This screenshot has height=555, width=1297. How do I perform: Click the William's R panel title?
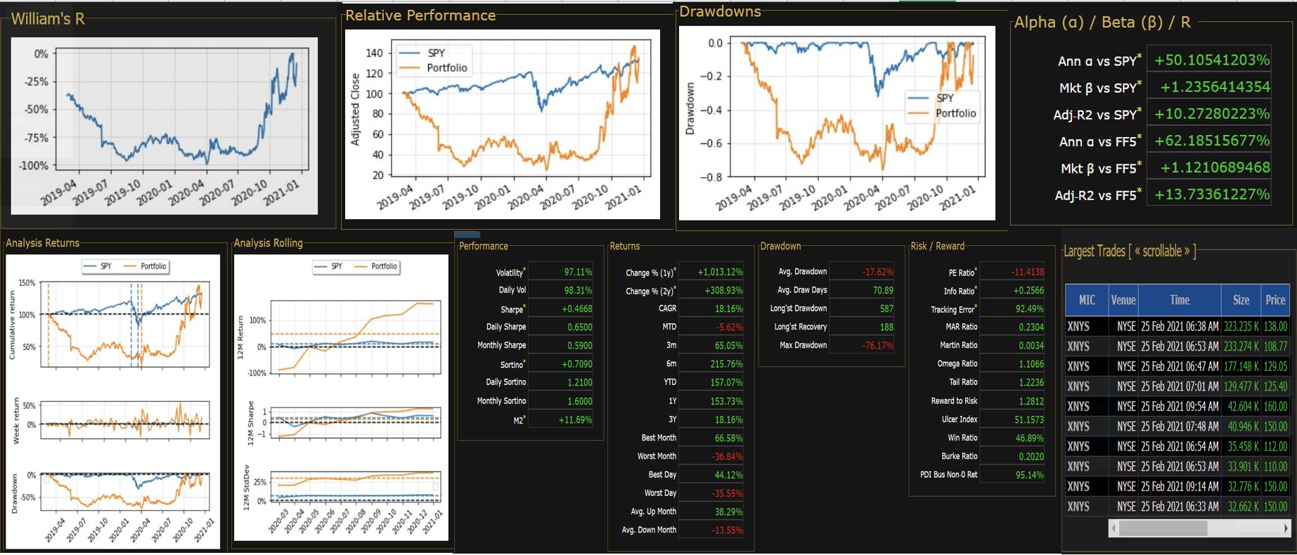[x=48, y=19]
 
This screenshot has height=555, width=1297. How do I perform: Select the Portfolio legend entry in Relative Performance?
[x=446, y=68]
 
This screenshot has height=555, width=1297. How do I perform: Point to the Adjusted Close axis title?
[x=355, y=110]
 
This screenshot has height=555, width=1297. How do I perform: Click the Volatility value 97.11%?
[x=578, y=272]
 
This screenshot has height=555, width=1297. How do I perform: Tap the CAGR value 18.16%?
[x=728, y=308]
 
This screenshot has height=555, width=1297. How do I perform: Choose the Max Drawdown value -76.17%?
[x=877, y=346]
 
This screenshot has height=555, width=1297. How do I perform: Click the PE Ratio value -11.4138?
[x=1027, y=272]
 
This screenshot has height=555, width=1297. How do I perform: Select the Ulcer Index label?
[x=960, y=419]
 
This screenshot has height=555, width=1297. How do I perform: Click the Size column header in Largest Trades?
[x=1241, y=300]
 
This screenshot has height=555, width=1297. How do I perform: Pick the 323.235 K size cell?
[x=1241, y=327]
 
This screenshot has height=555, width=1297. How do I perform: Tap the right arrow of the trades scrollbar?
[x=1286, y=528]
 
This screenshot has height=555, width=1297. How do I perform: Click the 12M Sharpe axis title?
[x=250, y=424]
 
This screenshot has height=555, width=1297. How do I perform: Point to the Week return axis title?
[x=16, y=420]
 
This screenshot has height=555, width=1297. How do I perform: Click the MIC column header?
[x=1087, y=300]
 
